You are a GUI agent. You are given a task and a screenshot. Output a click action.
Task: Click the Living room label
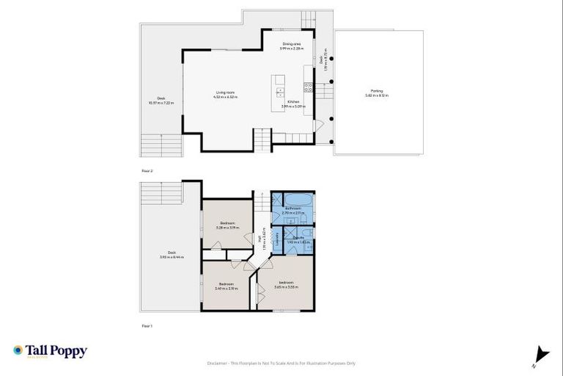pyautogui.click(x=225, y=92)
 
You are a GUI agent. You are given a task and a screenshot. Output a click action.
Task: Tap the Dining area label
pyautogui.click(x=292, y=44)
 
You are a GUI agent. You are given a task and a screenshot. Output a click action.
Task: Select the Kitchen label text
pyautogui.click(x=292, y=102)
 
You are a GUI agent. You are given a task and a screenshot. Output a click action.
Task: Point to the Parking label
pyautogui.click(x=378, y=92)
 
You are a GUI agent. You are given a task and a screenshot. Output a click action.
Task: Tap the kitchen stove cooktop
pyautogui.click(x=309, y=86)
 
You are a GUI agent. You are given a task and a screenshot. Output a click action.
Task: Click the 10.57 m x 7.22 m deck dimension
pyautogui.click(x=161, y=102)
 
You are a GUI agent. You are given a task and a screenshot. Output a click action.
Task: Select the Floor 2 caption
pyautogui.click(x=147, y=170)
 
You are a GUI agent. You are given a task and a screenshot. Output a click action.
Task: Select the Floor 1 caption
pyautogui.click(x=147, y=325)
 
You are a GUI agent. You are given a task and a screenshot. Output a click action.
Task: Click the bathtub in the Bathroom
pyautogui.click(x=297, y=199)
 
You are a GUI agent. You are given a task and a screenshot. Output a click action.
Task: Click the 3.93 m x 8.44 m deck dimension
pyautogui.click(x=172, y=257)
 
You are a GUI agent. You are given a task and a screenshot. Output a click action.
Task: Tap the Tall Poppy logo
pyautogui.click(x=50, y=351)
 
